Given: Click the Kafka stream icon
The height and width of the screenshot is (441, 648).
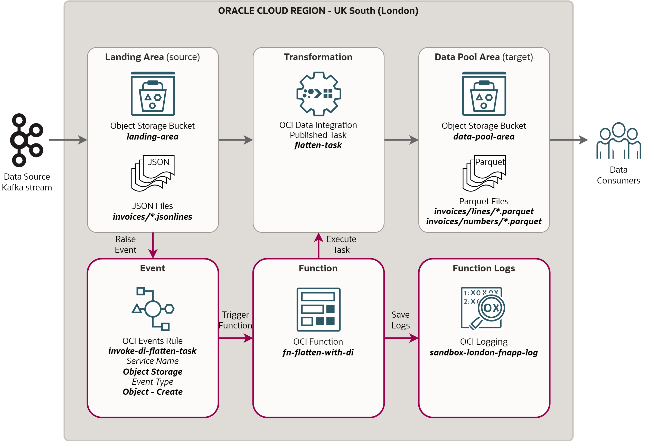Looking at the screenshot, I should click(x=26, y=140).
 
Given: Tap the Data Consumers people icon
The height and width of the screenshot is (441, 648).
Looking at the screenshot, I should click(x=618, y=141).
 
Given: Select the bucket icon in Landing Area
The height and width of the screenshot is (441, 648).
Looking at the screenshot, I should click(x=153, y=94).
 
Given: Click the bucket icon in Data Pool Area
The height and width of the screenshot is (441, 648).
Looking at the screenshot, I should click(x=484, y=94).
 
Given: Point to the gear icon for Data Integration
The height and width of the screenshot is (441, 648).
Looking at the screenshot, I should click(x=318, y=94).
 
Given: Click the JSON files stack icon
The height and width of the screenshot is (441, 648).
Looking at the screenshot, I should click(x=153, y=173).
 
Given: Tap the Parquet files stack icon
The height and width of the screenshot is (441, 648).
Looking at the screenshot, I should click(x=484, y=173).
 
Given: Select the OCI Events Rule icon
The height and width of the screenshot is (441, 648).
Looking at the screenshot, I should click(x=153, y=309).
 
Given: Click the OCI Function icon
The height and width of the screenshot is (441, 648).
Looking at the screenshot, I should click(x=318, y=309).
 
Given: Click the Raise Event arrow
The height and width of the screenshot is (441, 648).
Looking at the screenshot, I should click(x=153, y=245).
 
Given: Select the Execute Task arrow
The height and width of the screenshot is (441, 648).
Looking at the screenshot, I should click(x=318, y=245).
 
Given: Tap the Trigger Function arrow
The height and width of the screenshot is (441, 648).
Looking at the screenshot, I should click(x=236, y=338).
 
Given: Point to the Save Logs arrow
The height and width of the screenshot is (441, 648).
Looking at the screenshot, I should click(x=401, y=338).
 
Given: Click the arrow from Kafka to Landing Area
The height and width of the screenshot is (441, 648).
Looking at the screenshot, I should click(x=68, y=140).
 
